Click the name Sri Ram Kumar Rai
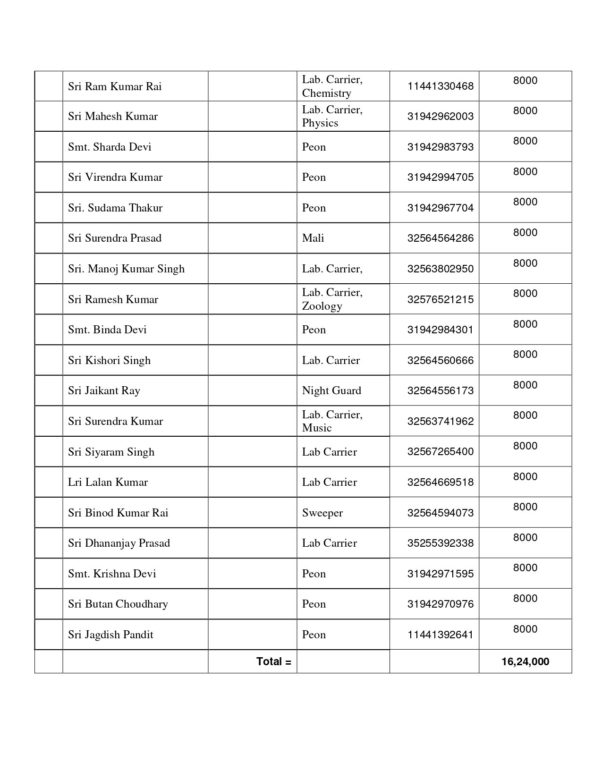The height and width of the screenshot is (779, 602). pos(115,86)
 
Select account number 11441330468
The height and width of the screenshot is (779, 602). pos(440,86)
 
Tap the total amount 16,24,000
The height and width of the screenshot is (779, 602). pos(525,661)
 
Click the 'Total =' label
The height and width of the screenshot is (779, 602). pos(273,661)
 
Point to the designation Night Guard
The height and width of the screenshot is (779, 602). pos(331,390)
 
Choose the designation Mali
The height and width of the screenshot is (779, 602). pos(313,238)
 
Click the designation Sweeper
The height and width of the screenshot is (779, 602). pos(322,513)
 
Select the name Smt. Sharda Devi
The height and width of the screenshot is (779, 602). pos(110,147)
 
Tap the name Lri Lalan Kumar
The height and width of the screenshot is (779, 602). pos(108,482)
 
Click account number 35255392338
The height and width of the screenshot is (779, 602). pos(440,543)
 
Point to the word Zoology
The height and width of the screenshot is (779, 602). pos(322,306)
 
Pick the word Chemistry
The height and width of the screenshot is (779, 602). pos(326,93)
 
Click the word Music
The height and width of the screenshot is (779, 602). pos(317,428)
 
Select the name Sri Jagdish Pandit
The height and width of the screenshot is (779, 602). pos(110,635)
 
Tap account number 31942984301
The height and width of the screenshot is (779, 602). pos(440,330)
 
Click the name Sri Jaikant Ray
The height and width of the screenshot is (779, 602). pos(104,390)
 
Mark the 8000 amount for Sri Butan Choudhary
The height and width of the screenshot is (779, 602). pos(525,598)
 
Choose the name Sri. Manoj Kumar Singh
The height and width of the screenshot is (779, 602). pos(126,269)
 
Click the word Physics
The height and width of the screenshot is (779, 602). pos(320,123)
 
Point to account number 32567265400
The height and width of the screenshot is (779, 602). pos(440,451)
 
